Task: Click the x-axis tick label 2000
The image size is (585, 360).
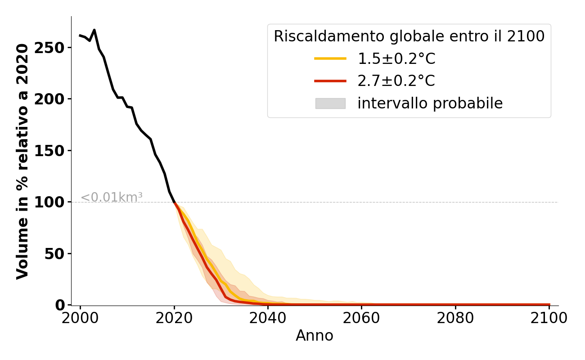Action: [x=81, y=318]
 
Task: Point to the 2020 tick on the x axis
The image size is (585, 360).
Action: [x=174, y=318]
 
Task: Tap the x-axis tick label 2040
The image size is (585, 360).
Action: [x=268, y=318]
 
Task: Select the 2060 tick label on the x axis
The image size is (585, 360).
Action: [x=362, y=318]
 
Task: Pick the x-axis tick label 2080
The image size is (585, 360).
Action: [x=455, y=318]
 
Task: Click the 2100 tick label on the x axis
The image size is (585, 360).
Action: [x=549, y=318]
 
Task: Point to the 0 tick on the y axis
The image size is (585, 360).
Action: [x=60, y=305]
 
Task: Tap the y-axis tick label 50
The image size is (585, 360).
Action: [x=55, y=254]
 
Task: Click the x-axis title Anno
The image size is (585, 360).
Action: [x=315, y=336]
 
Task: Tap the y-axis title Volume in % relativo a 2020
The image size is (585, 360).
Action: [x=23, y=161]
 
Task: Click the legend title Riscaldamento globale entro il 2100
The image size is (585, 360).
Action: [x=409, y=36]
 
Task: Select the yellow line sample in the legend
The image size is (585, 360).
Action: [x=330, y=58]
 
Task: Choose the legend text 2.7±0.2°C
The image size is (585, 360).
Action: [x=396, y=81]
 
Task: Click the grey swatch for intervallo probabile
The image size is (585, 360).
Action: [x=330, y=103]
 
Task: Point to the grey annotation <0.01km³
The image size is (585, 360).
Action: [x=112, y=197]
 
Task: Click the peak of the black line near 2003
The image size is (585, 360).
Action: [x=94, y=30]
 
